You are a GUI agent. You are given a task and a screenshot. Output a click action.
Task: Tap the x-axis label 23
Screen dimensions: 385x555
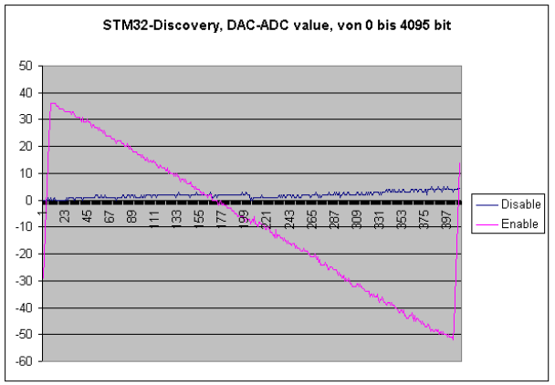pyautogui.click(x=64, y=216)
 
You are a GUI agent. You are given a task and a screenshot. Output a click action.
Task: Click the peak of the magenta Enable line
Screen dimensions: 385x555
pyautogui.click(x=52, y=103)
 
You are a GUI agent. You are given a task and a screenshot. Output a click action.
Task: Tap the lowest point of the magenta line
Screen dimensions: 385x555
pyautogui.click(x=452, y=339)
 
